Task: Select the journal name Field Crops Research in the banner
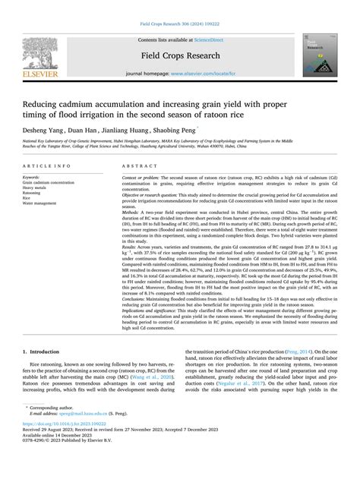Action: (x=179, y=55)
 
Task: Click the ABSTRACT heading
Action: (x=137, y=186)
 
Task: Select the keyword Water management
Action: (x=42, y=225)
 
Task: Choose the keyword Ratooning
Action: (x=34, y=215)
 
